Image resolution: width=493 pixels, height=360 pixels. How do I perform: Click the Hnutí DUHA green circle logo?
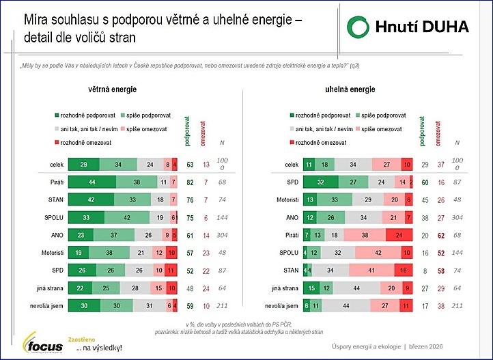(x=358, y=27)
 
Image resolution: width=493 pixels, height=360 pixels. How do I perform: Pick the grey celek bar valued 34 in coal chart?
(x=353, y=165)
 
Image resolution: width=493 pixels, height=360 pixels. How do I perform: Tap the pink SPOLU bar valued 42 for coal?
(x=378, y=253)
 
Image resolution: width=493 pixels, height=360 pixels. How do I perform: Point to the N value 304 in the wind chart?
(x=223, y=235)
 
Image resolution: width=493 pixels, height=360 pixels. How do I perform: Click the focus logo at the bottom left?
(x=42, y=343)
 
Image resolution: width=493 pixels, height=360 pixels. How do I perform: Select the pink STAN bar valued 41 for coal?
(x=374, y=271)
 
